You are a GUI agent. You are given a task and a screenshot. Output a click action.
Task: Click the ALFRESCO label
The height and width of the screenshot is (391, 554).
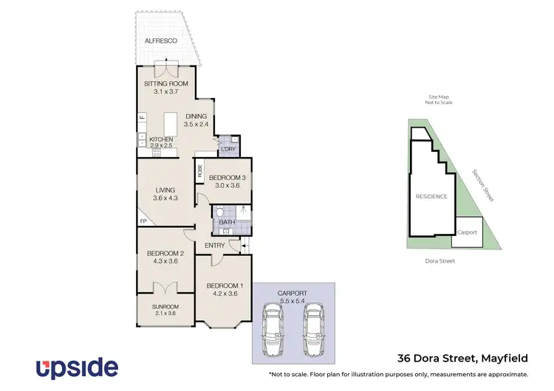click(160, 41)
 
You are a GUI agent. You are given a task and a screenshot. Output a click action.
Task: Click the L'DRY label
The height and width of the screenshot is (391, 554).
click(228, 150)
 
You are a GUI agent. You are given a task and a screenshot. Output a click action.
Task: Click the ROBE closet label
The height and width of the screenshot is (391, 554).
click(200, 172)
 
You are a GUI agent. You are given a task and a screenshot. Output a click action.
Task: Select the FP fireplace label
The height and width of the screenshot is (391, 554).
click(143, 221)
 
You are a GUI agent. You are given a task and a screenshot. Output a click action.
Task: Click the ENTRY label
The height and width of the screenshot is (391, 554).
click(215, 246)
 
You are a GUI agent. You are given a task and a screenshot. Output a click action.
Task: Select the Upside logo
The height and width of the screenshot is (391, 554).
click(77, 367)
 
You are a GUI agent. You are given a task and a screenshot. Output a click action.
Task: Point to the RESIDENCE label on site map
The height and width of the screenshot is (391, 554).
click(431, 197)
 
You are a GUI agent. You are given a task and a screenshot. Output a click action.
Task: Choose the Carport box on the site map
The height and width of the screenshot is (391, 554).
click(467, 232)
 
